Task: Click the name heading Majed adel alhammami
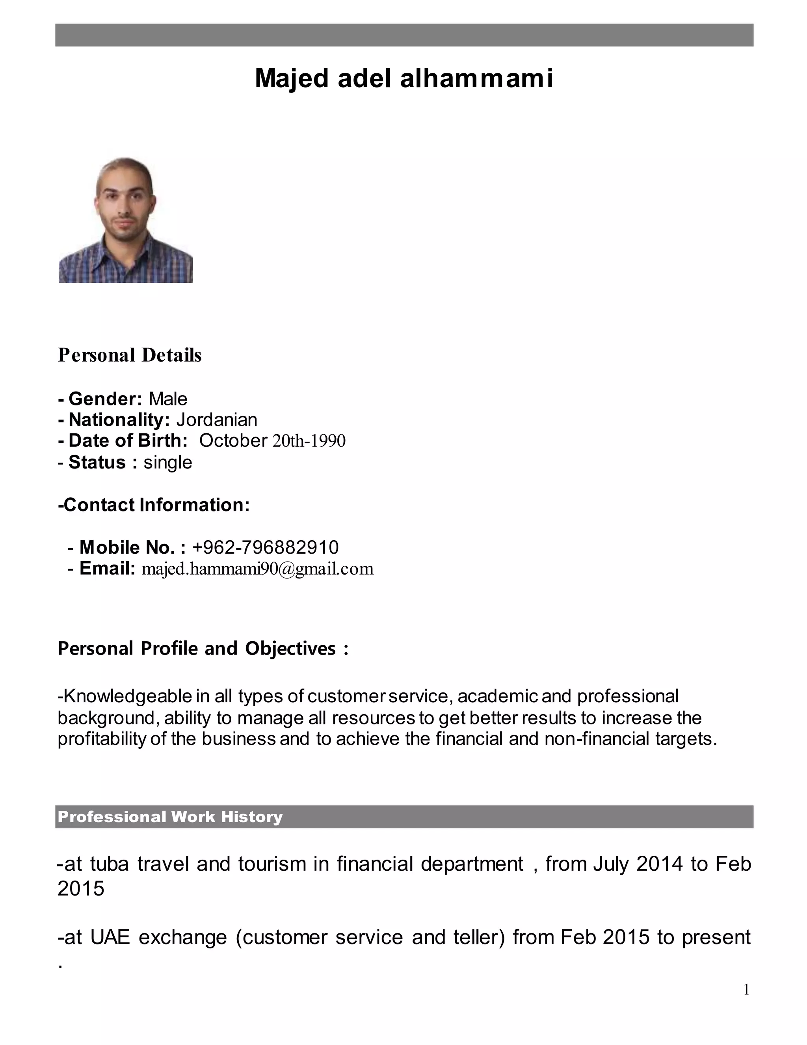pyautogui.click(x=403, y=78)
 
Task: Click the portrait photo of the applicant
pyautogui.click(x=126, y=220)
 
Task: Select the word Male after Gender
pyautogui.click(x=168, y=399)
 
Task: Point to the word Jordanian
pyautogui.click(x=217, y=420)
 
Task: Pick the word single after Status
pyautogui.click(x=168, y=462)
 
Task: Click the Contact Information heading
pyautogui.click(x=154, y=505)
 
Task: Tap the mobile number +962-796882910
pyautogui.click(x=265, y=547)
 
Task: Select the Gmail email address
pyautogui.click(x=258, y=568)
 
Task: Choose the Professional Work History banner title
pyautogui.click(x=170, y=817)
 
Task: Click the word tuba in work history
pyautogui.click(x=110, y=864)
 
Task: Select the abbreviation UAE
pyautogui.click(x=110, y=937)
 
